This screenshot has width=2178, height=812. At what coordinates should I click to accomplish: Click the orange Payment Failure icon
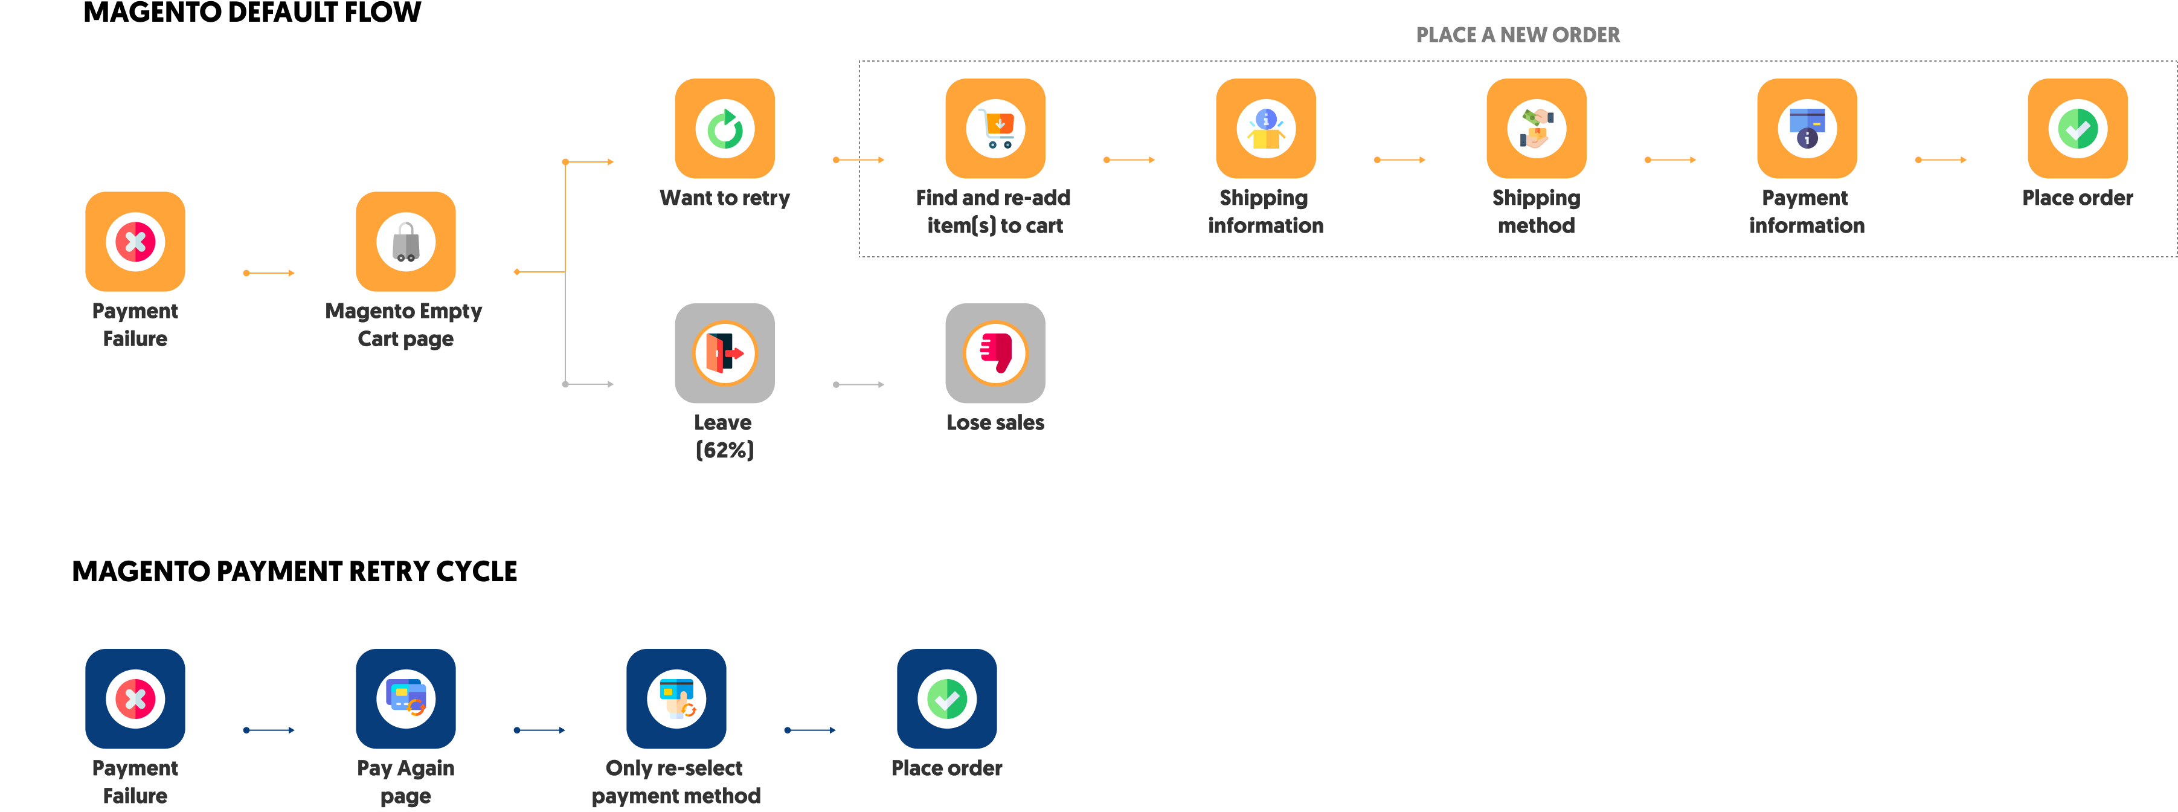(135, 241)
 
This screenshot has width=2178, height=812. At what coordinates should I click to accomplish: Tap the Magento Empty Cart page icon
(406, 241)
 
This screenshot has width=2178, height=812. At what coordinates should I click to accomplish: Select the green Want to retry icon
(725, 129)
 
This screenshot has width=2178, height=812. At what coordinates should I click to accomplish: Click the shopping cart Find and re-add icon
(995, 129)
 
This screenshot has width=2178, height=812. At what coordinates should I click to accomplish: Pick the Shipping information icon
(1266, 129)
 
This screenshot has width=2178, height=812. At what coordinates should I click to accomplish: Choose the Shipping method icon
(1537, 129)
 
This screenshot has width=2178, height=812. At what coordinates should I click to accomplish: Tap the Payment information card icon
(1807, 129)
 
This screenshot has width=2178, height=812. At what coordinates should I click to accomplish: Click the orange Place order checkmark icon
(2077, 129)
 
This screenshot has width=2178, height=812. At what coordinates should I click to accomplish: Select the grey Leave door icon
(725, 353)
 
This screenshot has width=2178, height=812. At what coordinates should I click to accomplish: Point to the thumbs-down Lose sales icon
(995, 353)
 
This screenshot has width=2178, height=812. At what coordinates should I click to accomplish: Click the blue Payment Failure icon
(135, 698)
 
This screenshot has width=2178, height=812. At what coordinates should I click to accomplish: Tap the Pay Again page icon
(406, 698)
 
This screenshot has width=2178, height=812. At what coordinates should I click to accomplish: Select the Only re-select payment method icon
(676, 698)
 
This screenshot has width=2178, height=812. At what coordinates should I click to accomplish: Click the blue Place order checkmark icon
(947, 698)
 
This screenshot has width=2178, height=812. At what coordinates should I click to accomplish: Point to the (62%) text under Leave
(725, 450)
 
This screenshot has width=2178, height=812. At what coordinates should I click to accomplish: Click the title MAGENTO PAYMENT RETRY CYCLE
(294, 572)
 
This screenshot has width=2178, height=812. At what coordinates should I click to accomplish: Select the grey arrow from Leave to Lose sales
(859, 384)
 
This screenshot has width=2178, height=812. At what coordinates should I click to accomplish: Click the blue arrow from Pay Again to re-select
(539, 730)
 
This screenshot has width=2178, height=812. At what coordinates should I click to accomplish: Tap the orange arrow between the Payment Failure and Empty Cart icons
(269, 272)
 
